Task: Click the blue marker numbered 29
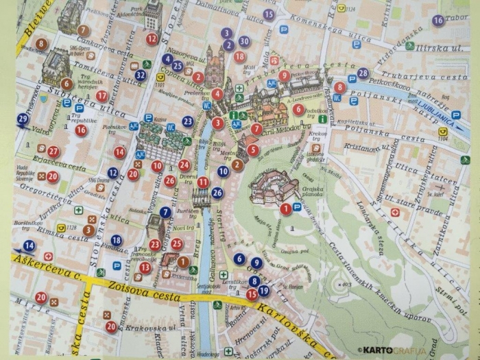(23, 119)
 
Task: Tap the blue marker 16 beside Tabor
(437, 21)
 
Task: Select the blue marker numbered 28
(362, 73)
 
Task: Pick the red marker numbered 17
(101, 96)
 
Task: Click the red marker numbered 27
(53, 152)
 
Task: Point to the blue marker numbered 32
(141, 75)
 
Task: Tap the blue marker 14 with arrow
(29, 245)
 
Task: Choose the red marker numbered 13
(145, 267)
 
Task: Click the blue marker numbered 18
(117, 240)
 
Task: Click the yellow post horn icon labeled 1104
(443, 132)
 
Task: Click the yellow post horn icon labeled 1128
(62, 229)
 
